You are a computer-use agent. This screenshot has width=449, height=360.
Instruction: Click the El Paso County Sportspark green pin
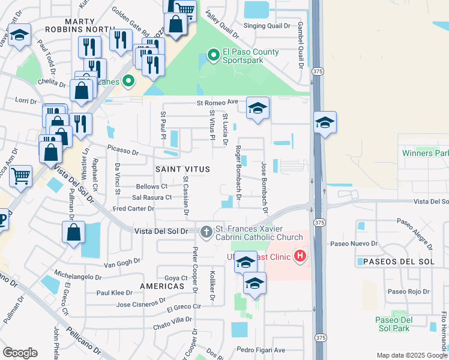coord(212,56)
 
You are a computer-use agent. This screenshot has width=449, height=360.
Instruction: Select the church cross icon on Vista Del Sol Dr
coord(206,232)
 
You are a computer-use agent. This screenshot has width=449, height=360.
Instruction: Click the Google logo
coord(20,353)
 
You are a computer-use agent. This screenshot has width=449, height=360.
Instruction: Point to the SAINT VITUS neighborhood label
coord(183,170)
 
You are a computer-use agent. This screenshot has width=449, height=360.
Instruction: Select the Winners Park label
coord(425,153)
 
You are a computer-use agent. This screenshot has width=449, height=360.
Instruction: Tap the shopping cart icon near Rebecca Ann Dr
coord(20,176)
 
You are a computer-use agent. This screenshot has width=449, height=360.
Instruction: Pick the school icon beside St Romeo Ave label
coord(258,108)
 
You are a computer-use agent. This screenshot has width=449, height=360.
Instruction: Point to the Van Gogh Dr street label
coord(122,262)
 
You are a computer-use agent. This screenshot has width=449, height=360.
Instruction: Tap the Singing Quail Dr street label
coord(267,26)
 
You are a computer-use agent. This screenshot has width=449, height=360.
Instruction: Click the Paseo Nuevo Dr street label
coord(354,244)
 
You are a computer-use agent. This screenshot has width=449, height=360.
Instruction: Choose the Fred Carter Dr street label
coord(133,209)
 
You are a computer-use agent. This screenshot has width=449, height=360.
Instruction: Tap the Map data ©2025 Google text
coord(411,355)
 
